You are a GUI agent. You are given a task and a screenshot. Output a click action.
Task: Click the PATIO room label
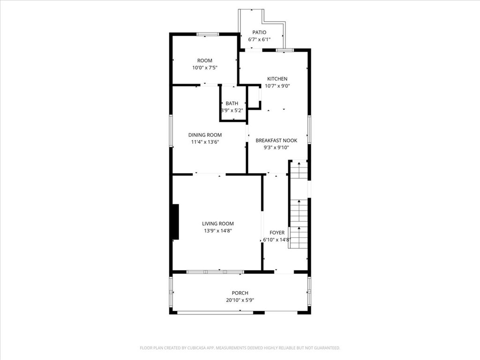[259, 32]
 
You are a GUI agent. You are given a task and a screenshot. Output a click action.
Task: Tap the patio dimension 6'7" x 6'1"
[259, 39]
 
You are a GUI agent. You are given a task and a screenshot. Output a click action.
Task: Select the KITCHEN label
[277, 79]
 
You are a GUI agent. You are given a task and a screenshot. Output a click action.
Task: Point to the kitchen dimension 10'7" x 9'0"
[277, 86]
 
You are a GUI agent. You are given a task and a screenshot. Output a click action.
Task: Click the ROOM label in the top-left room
[204, 60]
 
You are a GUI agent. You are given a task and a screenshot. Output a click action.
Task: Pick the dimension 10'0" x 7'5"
[204, 67]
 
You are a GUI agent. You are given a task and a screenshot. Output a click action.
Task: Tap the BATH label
[232, 103]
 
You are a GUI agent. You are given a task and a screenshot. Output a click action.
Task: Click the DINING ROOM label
[205, 135]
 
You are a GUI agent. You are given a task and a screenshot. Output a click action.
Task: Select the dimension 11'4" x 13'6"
[205, 142]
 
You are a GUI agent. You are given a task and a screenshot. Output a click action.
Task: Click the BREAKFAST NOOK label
[276, 140]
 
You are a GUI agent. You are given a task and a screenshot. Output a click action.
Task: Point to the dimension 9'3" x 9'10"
[276, 147]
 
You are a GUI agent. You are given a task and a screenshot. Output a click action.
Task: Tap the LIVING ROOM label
[217, 224]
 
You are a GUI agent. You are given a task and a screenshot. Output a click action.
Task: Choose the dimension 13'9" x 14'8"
[217, 231]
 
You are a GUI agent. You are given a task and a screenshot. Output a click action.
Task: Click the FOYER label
[277, 232]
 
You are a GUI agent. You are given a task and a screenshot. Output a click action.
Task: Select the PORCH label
[240, 293]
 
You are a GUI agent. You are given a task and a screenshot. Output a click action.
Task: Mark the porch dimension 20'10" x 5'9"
[240, 300]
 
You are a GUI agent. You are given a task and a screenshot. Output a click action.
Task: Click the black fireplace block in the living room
[175, 222]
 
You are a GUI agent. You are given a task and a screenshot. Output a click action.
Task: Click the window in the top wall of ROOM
[207, 34]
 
